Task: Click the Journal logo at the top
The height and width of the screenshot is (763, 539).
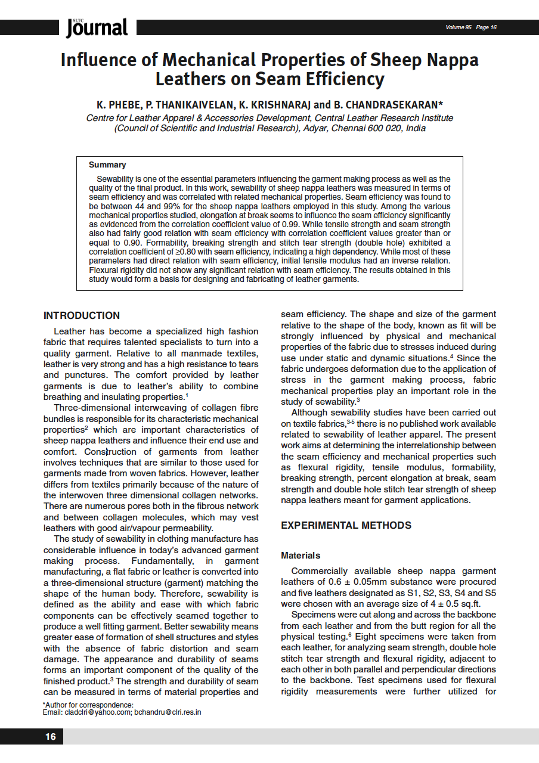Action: point(97,27)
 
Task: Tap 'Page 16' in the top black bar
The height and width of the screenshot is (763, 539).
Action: point(487,27)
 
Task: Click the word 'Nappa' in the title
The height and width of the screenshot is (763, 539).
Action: point(448,60)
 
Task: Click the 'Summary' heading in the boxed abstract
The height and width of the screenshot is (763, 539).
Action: point(107,165)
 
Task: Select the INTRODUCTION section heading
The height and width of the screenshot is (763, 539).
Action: point(82,316)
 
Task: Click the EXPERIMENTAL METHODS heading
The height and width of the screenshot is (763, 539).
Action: point(346,525)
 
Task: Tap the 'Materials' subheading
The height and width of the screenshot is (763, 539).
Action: point(301,556)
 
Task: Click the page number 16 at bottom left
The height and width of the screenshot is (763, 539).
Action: point(51,737)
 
